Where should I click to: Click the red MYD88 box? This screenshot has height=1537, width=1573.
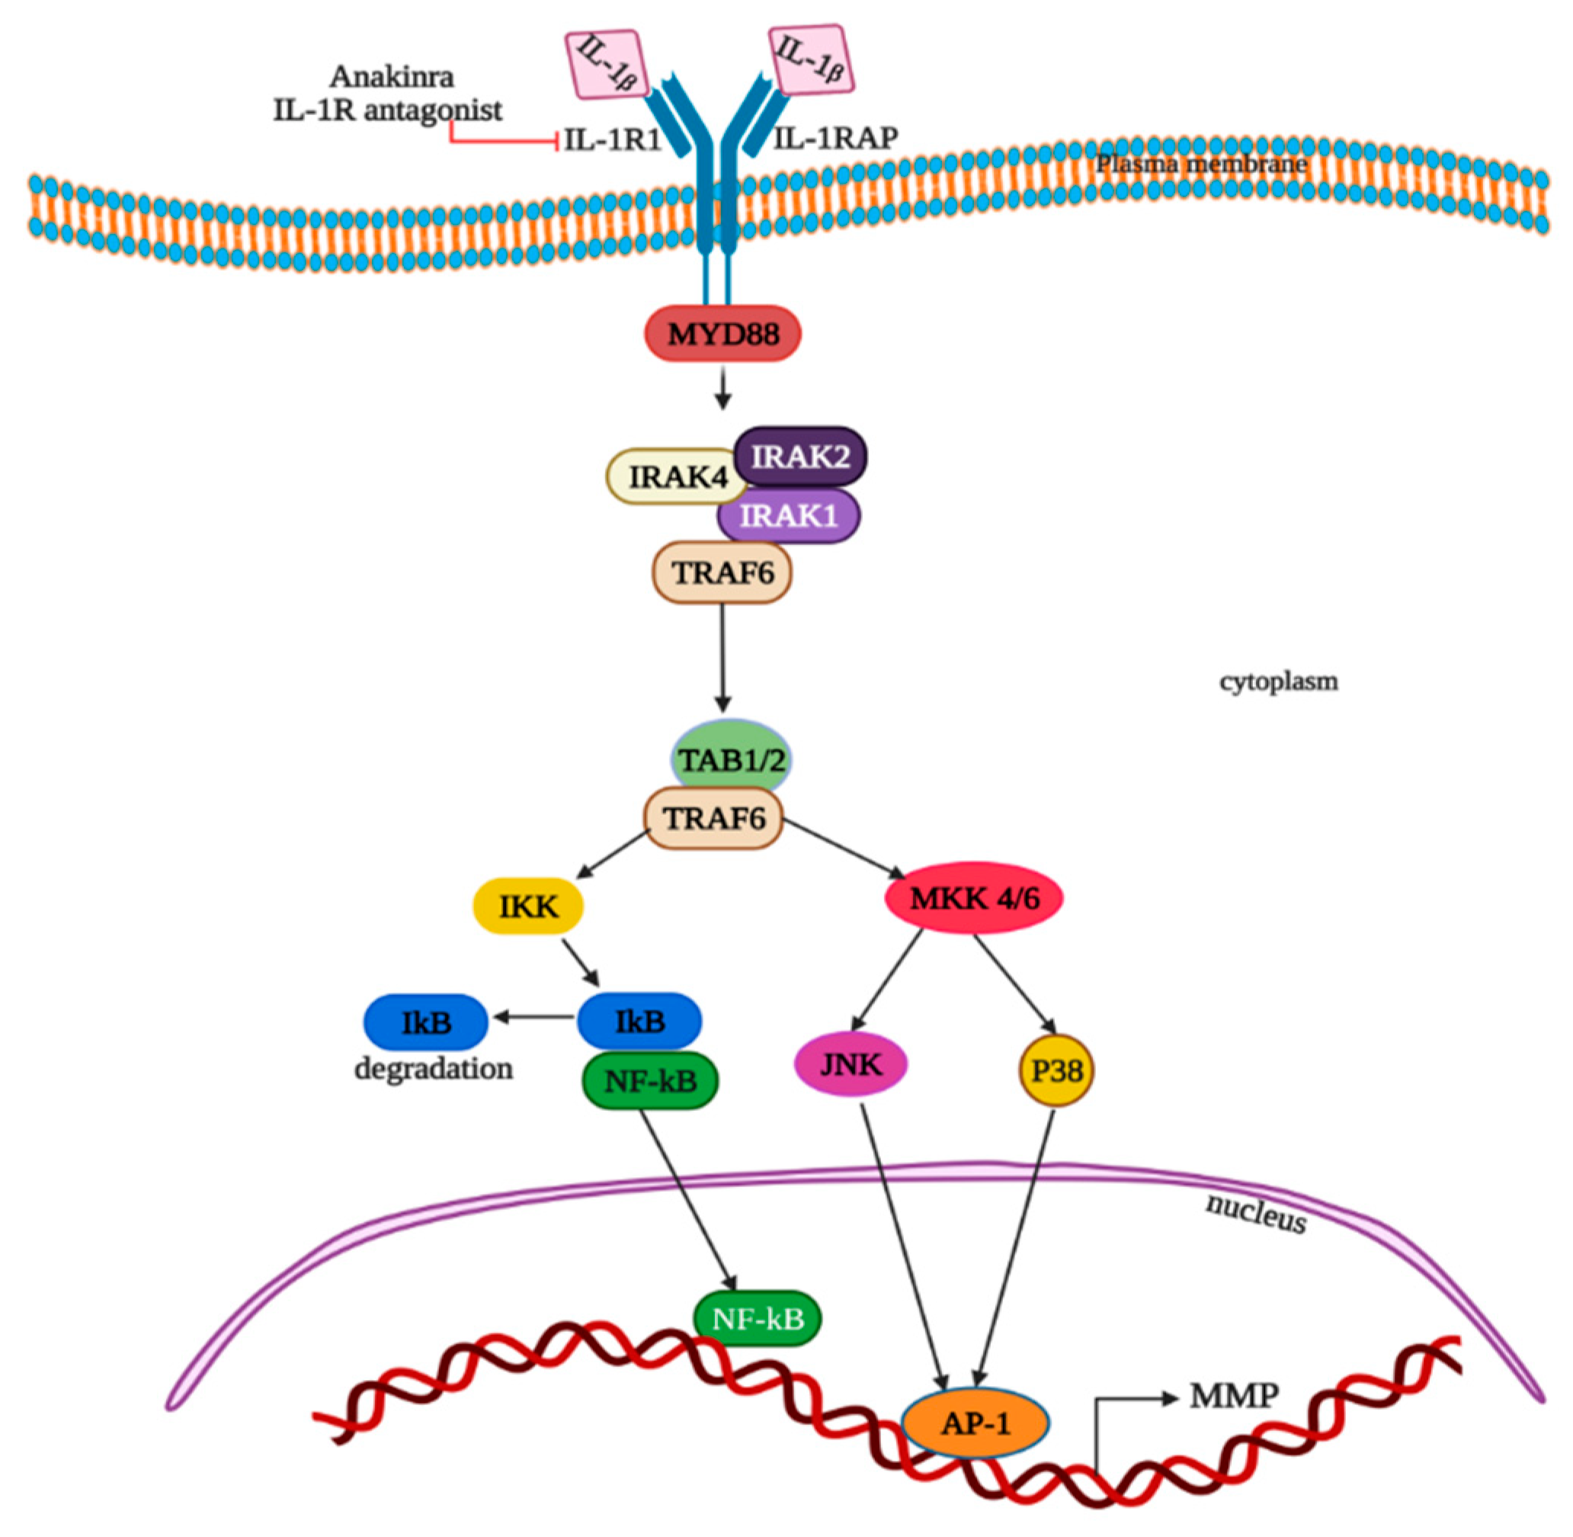(722, 332)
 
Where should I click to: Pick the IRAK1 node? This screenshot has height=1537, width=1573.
(789, 515)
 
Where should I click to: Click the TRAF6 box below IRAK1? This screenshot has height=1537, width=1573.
(722, 573)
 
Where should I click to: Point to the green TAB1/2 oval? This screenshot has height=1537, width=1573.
(731, 759)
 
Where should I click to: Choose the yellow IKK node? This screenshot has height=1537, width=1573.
(528, 906)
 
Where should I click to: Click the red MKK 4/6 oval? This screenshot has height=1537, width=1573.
(973, 897)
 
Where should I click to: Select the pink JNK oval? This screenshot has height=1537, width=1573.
(851, 1065)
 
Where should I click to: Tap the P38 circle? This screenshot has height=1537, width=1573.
(1056, 1071)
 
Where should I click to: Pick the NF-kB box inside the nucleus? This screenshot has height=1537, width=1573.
(757, 1318)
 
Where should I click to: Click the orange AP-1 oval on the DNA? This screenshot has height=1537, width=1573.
(975, 1424)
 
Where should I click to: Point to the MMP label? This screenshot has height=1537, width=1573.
(1233, 1394)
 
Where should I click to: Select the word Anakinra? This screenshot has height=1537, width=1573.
(392, 77)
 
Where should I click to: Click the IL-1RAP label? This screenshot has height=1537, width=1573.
(835, 139)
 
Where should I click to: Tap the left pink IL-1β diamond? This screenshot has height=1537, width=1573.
(605, 65)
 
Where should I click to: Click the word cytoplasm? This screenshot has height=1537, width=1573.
(1277, 682)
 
